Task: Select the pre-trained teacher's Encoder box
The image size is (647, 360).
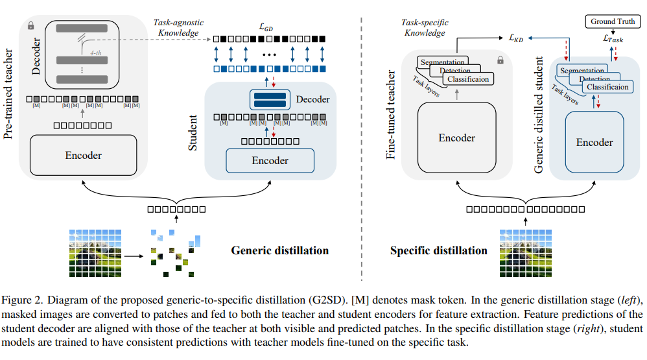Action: [83, 155]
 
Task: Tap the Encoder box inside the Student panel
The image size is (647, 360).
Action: [270, 160]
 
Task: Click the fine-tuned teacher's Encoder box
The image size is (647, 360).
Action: [456, 138]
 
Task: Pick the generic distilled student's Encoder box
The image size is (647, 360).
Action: [594, 143]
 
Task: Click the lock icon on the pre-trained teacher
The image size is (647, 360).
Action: [30, 25]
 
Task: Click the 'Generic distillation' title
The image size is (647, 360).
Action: [280, 250]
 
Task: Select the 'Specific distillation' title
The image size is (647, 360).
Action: [438, 250]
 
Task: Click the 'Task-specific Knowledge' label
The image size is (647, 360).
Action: [425, 27]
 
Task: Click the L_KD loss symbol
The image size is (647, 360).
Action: [516, 39]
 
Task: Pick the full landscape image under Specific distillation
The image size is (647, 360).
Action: [525, 253]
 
